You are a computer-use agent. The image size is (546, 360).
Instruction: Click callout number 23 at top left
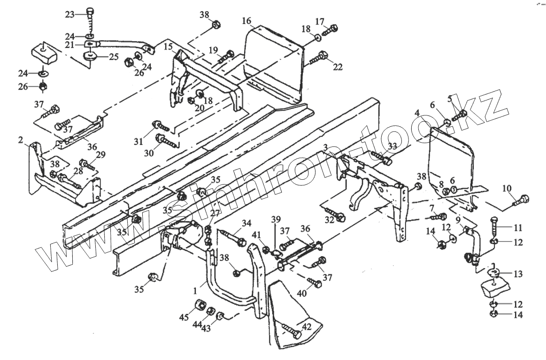[x=69, y=14]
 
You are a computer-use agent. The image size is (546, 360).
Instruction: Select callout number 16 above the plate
[x=247, y=21]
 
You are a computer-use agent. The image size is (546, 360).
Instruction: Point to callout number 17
[x=320, y=21]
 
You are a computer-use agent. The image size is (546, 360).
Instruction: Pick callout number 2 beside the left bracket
[x=21, y=139]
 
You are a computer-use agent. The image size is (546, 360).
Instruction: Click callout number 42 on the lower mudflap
[x=306, y=327]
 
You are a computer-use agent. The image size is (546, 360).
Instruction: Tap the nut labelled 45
[x=199, y=306]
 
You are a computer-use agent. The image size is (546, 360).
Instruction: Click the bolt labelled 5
[x=459, y=114]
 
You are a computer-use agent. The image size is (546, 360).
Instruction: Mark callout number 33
[x=392, y=146]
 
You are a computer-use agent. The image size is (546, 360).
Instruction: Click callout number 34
[x=247, y=222]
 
